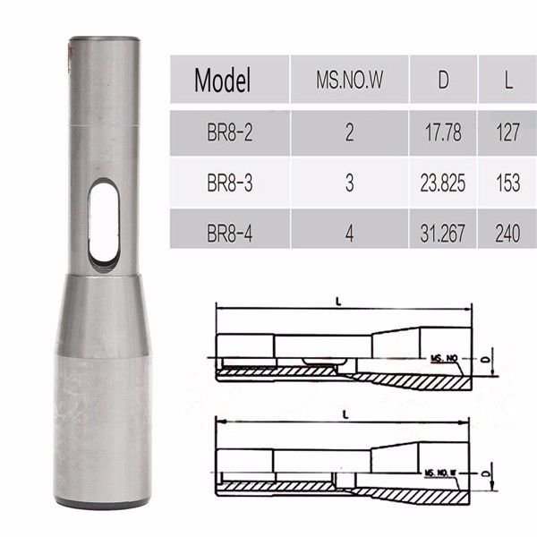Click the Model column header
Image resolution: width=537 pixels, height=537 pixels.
point(223,81)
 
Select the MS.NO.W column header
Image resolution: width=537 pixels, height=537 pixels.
point(349,81)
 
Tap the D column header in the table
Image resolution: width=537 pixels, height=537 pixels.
point(443,81)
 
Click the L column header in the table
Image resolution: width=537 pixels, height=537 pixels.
point(508,81)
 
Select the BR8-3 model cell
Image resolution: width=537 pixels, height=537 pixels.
point(229,183)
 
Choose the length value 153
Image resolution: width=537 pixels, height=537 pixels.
point(508,183)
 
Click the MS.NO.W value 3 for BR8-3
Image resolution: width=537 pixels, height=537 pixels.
point(349,183)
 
